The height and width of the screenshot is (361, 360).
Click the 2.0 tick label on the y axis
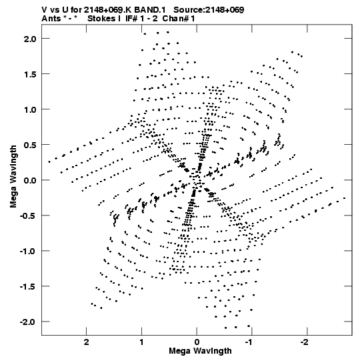pyautogui.click(x=30, y=39)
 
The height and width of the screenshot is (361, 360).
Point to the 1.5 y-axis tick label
pyautogui.click(x=30, y=74)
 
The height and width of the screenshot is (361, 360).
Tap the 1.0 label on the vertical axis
pyautogui.click(x=30, y=109)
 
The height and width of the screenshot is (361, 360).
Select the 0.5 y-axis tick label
pyautogui.click(x=30, y=145)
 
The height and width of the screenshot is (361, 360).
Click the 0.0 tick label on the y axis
pyautogui.click(x=30, y=180)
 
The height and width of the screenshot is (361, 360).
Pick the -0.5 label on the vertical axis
pyautogui.click(x=28, y=216)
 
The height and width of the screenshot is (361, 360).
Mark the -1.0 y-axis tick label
pyautogui.click(x=28, y=251)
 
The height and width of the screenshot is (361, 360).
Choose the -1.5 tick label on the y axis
pyautogui.click(x=28, y=286)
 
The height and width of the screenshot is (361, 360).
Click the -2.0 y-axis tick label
pyautogui.click(x=28, y=322)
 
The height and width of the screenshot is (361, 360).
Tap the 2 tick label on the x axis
pyautogui.click(x=86, y=342)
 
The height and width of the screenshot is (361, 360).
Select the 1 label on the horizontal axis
pyautogui.click(x=141, y=342)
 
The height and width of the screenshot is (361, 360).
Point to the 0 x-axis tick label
pyautogui.click(x=197, y=342)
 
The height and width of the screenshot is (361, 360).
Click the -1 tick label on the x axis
pyautogui.click(x=250, y=342)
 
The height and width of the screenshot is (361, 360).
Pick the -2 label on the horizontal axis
pyautogui.click(x=305, y=342)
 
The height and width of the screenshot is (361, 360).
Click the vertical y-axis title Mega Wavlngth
pyautogui.click(x=13, y=177)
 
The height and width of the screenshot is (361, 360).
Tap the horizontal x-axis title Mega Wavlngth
pyautogui.click(x=200, y=351)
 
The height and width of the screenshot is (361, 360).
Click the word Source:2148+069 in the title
pyautogui.click(x=209, y=10)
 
